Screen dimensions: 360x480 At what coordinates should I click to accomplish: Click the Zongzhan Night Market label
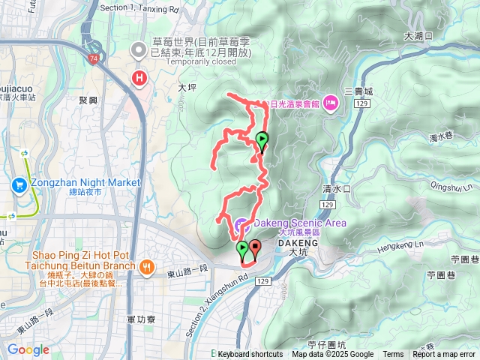86,182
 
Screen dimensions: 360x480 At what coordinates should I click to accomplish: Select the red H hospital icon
139,77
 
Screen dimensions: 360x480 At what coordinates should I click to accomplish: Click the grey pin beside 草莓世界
139,51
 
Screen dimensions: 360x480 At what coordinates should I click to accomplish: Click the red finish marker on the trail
255,248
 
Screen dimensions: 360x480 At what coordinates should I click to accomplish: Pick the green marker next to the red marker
243,249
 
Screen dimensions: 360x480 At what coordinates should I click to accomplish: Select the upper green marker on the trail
262,140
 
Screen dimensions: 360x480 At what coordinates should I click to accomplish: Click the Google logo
28,349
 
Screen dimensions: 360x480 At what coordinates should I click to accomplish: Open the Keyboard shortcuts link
250,355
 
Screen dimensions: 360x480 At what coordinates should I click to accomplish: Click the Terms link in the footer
393,355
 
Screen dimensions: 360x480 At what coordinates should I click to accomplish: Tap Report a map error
445,355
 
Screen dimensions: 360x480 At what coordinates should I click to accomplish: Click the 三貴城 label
358,91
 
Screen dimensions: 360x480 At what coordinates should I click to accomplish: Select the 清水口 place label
337,189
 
